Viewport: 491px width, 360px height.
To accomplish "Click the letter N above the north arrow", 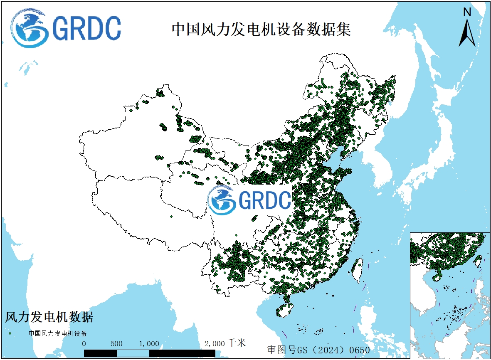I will coord(467,12).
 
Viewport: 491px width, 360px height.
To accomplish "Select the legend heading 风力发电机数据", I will coord(49,317).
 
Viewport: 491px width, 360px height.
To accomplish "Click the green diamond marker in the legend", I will coord(10,333).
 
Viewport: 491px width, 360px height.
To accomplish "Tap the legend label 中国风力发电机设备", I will coord(57,333).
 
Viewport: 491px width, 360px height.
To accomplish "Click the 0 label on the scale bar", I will coord(84,344).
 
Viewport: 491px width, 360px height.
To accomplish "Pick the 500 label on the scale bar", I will coord(117,344).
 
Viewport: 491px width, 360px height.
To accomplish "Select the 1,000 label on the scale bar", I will coord(149,344).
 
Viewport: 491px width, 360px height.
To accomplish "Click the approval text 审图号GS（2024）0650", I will coord(318,350).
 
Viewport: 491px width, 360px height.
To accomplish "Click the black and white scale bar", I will coord(150,353).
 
